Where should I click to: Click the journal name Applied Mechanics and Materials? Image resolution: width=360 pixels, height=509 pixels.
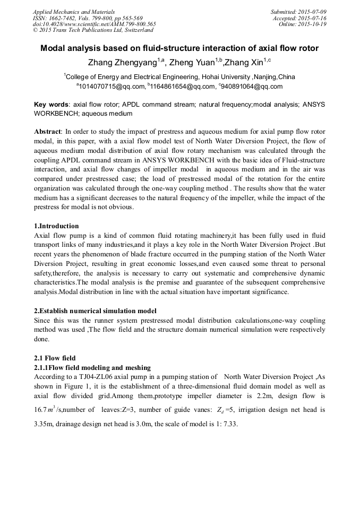coord(73,12)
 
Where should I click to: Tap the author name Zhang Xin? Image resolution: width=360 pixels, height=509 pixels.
coord(244,63)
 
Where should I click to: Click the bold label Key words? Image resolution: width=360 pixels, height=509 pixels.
coord(51,105)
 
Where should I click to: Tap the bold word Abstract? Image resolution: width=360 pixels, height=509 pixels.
coord(48,131)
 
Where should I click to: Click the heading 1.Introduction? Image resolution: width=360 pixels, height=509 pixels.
coord(56,226)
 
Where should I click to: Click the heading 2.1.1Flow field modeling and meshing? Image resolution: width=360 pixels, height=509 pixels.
coord(92,367)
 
